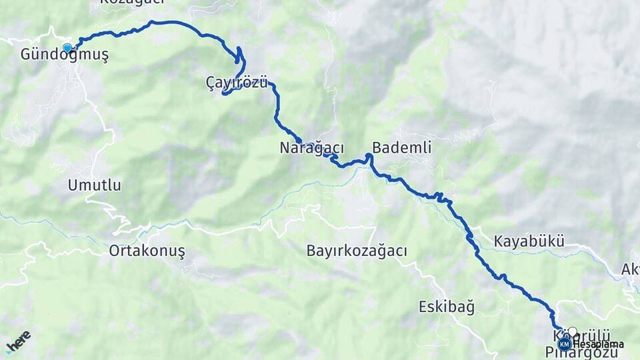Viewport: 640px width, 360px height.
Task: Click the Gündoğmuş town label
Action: point(65,55)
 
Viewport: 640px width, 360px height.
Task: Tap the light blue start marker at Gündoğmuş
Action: point(67,47)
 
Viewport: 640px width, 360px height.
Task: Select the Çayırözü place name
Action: point(237,83)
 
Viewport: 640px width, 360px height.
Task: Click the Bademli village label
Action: point(401,148)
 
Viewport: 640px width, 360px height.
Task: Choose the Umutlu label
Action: point(95,185)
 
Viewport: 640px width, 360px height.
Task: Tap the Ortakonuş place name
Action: point(147,251)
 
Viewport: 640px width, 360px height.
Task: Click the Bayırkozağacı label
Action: point(357,251)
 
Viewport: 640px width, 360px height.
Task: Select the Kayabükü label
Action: point(529,241)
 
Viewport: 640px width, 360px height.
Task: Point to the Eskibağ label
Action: point(447,307)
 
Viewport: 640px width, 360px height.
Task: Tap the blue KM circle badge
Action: point(565,344)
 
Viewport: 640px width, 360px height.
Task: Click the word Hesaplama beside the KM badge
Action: point(597,344)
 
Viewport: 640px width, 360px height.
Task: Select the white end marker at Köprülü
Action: point(572,331)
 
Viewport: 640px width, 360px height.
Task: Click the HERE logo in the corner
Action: point(18,341)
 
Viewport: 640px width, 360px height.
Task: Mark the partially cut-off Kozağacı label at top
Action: point(132,3)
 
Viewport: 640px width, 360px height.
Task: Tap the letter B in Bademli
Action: point(377,148)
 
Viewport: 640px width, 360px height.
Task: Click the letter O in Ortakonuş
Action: point(115,251)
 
